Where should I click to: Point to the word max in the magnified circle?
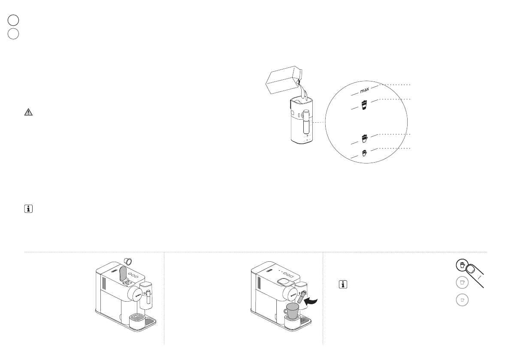364,91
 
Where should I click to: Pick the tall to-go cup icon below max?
364,105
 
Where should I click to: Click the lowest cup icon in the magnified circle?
364,152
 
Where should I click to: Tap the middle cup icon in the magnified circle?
364,138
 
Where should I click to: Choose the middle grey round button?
462,283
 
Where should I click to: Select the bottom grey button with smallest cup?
462,300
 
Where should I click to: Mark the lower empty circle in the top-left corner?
13,34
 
